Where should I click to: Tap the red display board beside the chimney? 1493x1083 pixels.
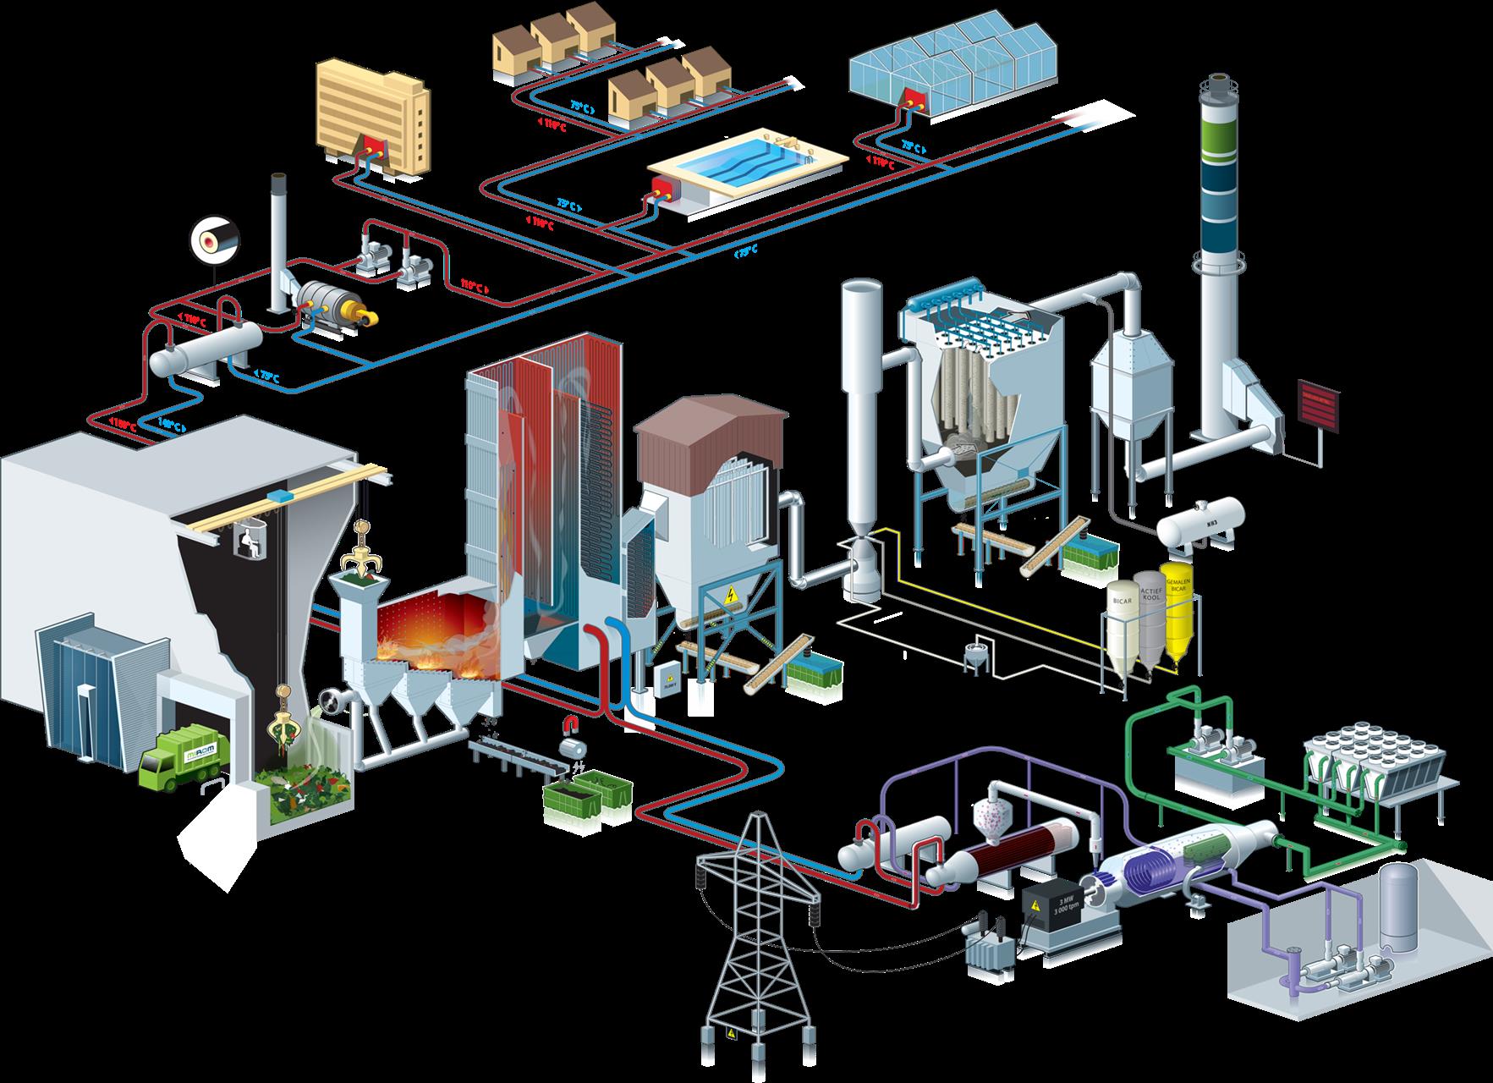tap(1318, 405)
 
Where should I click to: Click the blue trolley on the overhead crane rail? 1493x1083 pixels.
tap(278, 493)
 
